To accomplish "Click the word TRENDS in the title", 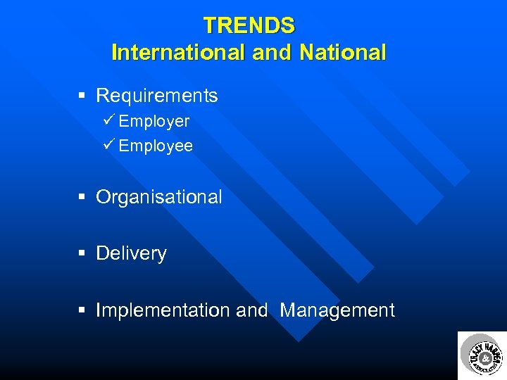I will tap(249, 26).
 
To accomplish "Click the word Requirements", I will tap(156, 96).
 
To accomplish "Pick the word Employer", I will tap(154, 122).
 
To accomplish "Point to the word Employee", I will tap(156, 146).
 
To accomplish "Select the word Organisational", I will tap(158, 197).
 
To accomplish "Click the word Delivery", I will tap(131, 253).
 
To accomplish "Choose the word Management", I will tap(337, 310).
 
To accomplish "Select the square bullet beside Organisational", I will tap(82, 198).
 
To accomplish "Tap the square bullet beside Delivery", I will tap(82, 254).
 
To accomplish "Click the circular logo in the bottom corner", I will tap(482, 355).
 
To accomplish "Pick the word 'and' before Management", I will tap(252, 310).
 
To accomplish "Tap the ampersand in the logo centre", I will tap(484, 360).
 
